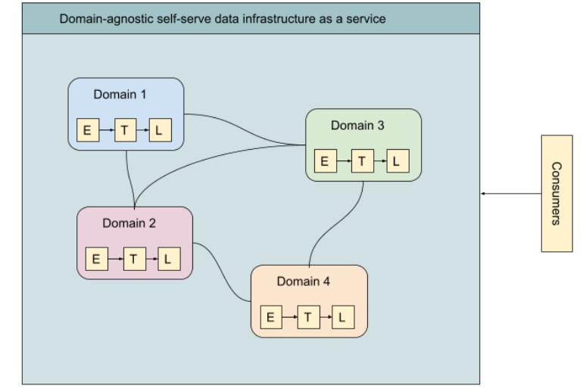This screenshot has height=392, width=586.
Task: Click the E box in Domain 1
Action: (87, 130)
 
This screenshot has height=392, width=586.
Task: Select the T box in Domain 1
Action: (124, 130)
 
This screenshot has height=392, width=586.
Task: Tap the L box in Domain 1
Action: (159, 130)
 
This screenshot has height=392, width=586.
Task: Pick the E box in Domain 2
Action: (96, 259)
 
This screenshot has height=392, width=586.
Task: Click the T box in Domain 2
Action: (133, 259)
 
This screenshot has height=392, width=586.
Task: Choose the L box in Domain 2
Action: (168, 259)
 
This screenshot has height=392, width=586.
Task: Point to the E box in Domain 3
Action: (325, 161)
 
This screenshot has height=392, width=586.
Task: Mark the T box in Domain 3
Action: (362, 161)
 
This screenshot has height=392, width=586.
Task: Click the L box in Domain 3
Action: (397, 161)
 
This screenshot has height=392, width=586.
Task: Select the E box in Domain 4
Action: (270, 317)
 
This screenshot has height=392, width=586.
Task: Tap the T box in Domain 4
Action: (307, 317)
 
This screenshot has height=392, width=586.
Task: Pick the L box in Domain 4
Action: (342, 317)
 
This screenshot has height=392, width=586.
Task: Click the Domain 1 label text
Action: (120, 95)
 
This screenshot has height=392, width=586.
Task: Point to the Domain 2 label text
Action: (129, 223)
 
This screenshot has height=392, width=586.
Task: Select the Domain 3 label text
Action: (357, 126)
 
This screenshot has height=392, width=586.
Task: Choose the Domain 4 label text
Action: (303, 282)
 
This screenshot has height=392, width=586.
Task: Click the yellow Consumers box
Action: (556, 193)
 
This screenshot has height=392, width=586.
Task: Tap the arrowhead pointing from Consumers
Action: (483, 194)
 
